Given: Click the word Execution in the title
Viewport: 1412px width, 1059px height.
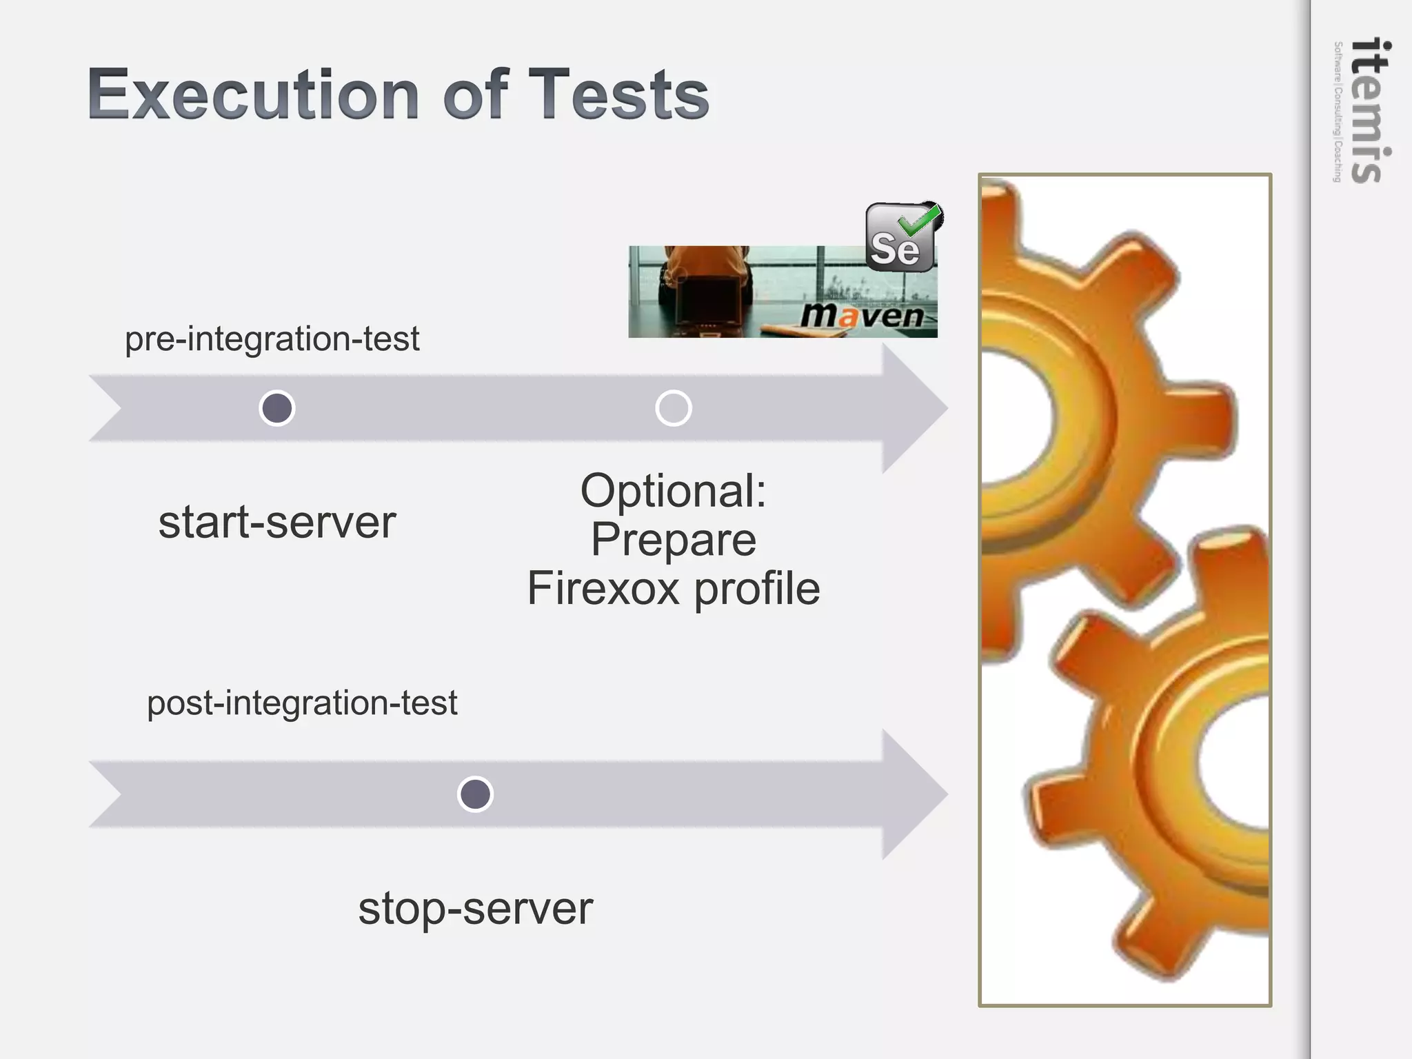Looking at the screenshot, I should coord(253,94).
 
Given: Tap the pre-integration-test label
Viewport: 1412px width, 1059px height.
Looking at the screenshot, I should coord(272,339).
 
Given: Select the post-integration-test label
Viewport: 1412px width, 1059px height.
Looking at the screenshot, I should coord(302,703).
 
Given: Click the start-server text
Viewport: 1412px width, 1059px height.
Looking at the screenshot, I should coord(277,523).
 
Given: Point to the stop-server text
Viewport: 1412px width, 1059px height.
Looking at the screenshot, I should coord(475,909).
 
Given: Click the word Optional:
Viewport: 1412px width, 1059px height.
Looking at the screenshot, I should coord(673,492).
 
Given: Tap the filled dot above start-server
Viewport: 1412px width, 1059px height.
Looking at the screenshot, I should coord(277,408).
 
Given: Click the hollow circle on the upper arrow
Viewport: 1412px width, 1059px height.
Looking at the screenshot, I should coord(673,408).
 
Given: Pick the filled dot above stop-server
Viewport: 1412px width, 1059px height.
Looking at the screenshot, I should coord(475,794).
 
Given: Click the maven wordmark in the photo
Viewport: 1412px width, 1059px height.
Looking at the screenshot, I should coord(862,316).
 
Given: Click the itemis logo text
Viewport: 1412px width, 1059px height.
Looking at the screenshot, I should coord(1369,110).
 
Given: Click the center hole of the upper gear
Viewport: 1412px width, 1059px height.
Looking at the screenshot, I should coord(1013,414).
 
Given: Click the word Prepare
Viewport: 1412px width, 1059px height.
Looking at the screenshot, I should coord(673,540).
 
